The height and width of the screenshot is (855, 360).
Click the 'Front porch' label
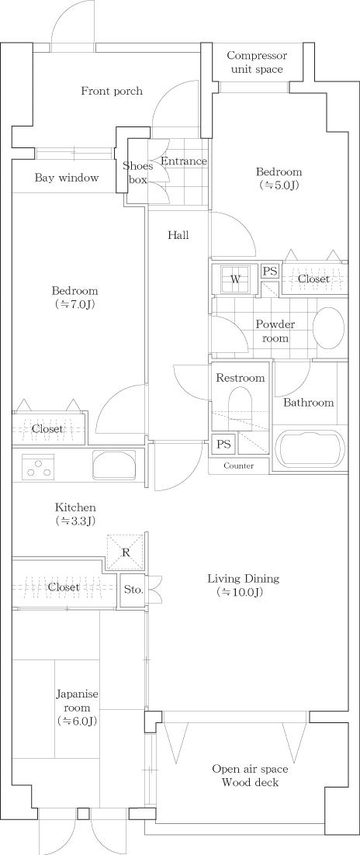112,92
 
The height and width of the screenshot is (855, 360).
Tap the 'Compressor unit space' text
256,63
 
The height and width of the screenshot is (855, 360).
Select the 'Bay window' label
67,178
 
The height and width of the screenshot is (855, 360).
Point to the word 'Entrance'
184,161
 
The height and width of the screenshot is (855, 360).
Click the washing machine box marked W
234,279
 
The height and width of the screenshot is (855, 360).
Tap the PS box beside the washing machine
269,271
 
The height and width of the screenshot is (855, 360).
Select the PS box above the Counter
223,445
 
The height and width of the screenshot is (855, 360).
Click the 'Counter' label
239,466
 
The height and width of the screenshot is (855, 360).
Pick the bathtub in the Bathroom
310,449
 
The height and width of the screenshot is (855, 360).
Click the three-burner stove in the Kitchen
38,467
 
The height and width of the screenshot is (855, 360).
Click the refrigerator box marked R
126,552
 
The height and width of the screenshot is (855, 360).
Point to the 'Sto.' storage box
133,589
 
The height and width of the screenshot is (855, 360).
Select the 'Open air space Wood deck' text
250,775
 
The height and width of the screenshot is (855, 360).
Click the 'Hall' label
178,235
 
